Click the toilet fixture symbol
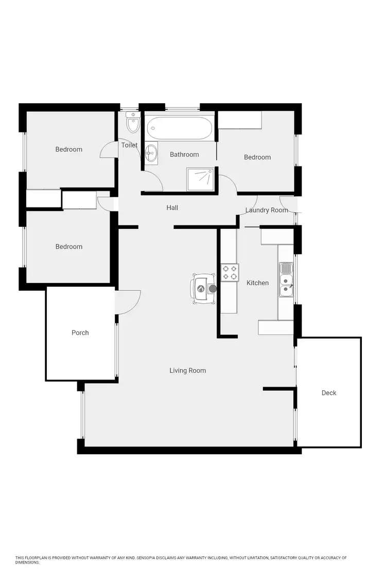pos(133,123)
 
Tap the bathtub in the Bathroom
pos(179,128)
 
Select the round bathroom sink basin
pos(151,152)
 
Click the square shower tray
pos(201,177)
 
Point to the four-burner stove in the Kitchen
pos(230,272)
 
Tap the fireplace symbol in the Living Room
pos(203,289)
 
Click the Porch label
pos(80,333)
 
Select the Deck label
pos(329,393)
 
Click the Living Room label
pos(188,370)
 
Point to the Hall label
pos(172,208)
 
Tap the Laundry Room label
pos(267,210)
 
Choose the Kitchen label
pos(258,283)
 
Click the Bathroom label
pos(184,155)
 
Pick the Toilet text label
pos(129,145)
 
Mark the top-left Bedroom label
pos(69,150)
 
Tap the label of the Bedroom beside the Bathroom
pos(257,157)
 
